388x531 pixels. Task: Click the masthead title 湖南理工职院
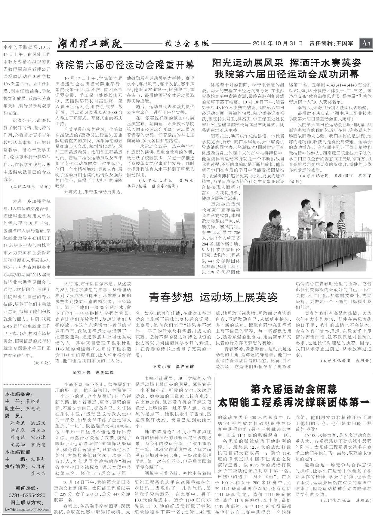point(90,44)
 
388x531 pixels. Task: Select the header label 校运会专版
point(187,44)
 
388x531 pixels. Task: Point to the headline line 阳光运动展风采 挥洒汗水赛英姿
point(286,63)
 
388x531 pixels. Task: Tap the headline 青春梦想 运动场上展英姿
point(213,297)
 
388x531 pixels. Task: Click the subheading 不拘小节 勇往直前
point(173,367)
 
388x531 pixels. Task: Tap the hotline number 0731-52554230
point(27,495)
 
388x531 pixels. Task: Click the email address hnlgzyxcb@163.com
point(27,509)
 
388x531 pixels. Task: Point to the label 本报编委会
point(19,394)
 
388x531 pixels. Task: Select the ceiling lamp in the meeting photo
point(335,187)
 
